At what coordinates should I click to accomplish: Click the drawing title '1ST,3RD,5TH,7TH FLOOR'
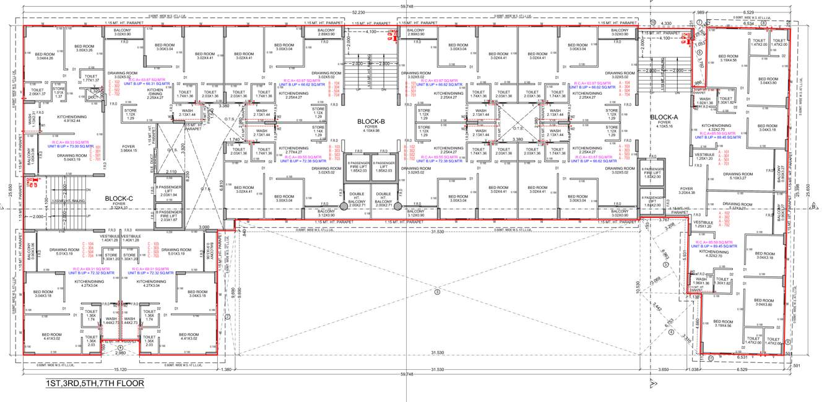[x=95, y=384]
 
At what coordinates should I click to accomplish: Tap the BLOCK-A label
[x=665, y=117]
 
